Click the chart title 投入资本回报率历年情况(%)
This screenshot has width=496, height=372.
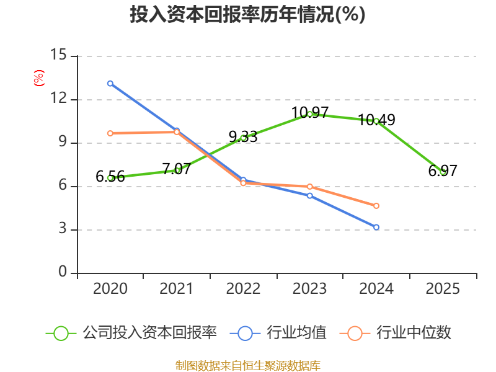(x=247, y=14)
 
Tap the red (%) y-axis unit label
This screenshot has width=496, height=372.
(x=39, y=78)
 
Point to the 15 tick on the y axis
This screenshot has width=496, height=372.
(x=58, y=55)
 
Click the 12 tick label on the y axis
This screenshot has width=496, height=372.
(x=58, y=98)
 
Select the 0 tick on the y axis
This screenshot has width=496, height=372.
(x=63, y=272)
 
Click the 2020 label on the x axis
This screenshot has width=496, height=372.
(x=110, y=289)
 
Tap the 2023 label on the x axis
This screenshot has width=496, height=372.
(x=309, y=289)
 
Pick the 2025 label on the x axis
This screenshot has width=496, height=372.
(x=443, y=289)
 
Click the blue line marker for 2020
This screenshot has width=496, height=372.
(x=110, y=84)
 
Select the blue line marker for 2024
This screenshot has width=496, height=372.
(x=376, y=227)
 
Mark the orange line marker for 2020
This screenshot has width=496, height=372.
(x=110, y=133)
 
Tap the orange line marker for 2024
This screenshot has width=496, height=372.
(x=376, y=206)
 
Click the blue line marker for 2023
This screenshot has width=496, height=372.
(x=309, y=196)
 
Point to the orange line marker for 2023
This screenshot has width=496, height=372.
(x=309, y=187)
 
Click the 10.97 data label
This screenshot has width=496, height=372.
(x=309, y=113)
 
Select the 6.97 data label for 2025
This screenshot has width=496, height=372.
(x=443, y=171)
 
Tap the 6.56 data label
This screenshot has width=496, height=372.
(x=110, y=177)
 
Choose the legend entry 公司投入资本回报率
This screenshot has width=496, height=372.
(x=131, y=333)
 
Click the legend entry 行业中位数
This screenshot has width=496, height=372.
(x=395, y=333)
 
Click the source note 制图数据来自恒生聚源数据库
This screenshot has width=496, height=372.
(x=247, y=366)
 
